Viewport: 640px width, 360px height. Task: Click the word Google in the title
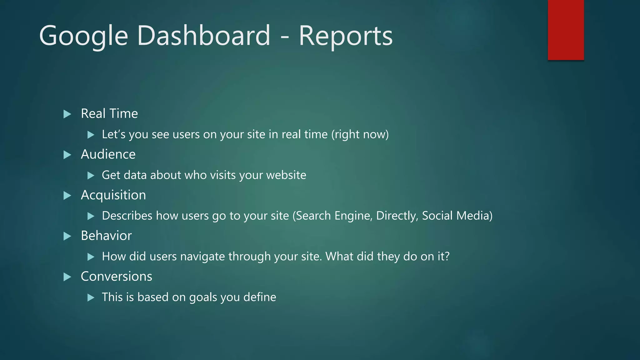pyautogui.click(x=83, y=36)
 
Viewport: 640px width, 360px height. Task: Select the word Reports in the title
pyautogui.click(x=346, y=36)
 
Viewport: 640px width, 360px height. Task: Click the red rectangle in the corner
pyautogui.click(x=566, y=30)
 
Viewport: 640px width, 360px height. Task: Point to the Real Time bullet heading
pyautogui.click(x=109, y=113)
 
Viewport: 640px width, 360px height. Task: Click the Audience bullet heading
pyautogui.click(x=108, y=154)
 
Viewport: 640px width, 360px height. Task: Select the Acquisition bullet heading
pyautogui.click(x=113, y=195)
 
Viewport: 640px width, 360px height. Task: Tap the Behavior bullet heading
pyautogui.click(x=106, y=236)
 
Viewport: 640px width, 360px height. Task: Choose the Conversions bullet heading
pyautogui.click(x=116, y=277)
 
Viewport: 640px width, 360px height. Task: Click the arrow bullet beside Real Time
pyautogui.click(x=67, y=114)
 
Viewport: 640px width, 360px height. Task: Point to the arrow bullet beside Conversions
pyautogui.click(x=67, y=277)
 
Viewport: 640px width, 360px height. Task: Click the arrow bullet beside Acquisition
pyautogui.click(x=67, y=196)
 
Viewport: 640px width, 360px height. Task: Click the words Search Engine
pyautogui.click(x=333, y=216)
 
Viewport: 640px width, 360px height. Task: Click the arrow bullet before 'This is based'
pyautogui.click(x=91, y=297)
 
